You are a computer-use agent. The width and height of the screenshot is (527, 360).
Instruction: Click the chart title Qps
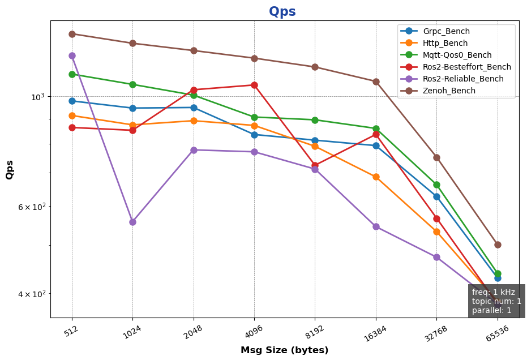pos(282,11)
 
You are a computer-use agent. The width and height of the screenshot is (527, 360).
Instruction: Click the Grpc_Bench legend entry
pos(446,31)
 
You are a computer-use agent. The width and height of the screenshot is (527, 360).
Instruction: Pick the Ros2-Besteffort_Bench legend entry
pos(466,67)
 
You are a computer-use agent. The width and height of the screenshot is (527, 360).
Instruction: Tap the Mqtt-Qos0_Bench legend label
pos(457,55)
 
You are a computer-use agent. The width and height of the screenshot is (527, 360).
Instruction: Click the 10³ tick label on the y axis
pos(37,97)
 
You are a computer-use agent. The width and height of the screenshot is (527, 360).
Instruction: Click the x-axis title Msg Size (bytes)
pos(284,350)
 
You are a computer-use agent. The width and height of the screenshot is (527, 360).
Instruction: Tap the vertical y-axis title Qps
pos(10,170)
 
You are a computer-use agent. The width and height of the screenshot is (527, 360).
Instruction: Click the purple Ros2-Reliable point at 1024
pos(132,222)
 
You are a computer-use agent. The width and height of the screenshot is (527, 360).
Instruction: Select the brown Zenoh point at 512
pos(72,34)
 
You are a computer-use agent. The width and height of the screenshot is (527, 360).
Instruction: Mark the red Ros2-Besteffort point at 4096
pos(254,85)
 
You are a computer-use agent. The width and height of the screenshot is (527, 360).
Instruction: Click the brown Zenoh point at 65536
pos(498,245)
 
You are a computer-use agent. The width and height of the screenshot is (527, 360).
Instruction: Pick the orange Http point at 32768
pos(436,232)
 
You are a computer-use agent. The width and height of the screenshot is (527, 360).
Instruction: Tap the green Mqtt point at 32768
pos(436,185)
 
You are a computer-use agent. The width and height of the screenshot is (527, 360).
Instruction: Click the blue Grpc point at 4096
pos(254,135)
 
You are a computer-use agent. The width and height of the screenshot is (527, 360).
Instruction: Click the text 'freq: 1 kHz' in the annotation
pos(493,292)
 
